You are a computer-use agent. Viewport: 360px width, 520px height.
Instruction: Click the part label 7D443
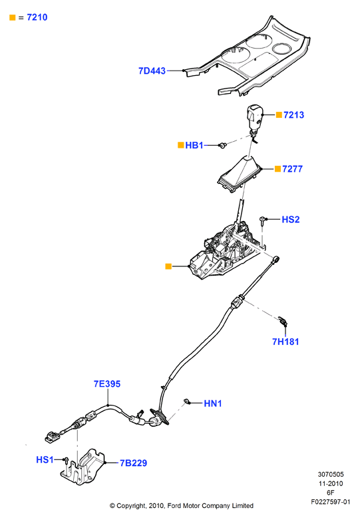pos(152,71)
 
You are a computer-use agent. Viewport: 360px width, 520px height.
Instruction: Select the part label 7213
pos(293,115)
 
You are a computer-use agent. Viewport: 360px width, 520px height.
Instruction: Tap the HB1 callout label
pos(194,145)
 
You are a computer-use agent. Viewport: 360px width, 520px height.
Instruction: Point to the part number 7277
pos(292,169)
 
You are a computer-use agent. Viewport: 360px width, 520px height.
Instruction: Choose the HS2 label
pos(290,219)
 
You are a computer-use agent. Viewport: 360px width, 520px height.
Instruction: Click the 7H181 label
pos(285,342)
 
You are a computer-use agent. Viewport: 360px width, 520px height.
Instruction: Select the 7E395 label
pos(107,384)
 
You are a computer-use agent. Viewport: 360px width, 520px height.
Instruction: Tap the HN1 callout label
pos(212,403)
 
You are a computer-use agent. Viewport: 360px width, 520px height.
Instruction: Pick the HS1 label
pos(45,459)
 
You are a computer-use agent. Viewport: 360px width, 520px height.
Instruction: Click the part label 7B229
pos(133,463)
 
